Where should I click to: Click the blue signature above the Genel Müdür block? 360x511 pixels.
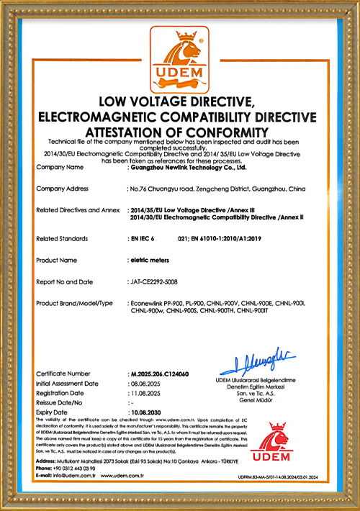268,358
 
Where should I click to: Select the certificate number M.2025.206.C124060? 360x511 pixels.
157,374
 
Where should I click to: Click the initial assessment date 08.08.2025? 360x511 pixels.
144,384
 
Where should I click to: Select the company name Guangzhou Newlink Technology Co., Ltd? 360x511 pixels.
189,167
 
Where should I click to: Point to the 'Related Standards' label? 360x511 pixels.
62,238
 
